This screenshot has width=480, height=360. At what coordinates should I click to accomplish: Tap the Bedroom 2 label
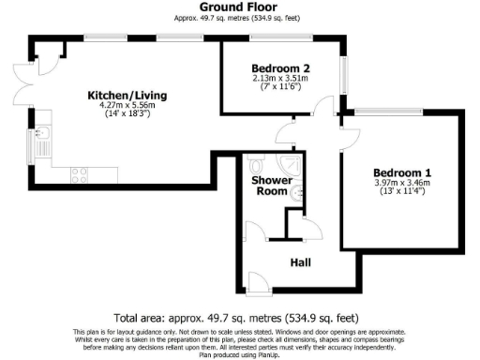[281, 68]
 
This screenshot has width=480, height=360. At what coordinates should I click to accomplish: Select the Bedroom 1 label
[402, 172]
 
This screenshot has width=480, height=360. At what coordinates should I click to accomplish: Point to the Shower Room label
[270, 186]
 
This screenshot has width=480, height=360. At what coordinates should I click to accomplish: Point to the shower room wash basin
[296, 194]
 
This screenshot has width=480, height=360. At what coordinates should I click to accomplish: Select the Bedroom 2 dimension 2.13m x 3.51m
[281, 79]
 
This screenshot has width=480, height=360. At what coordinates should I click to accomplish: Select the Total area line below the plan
[239, 319]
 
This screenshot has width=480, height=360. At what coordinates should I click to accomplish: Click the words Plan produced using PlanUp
[239, 354]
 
